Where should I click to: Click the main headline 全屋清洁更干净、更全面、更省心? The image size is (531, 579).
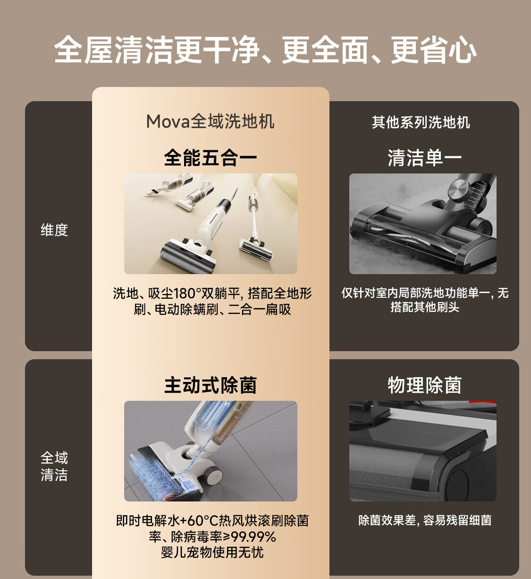265,50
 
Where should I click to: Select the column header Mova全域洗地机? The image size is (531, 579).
210,121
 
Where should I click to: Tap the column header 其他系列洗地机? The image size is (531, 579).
421,122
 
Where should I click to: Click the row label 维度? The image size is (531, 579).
54,230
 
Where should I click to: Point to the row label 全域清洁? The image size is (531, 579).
54,466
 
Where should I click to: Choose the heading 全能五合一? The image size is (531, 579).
210,158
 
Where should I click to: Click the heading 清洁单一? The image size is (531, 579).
424,158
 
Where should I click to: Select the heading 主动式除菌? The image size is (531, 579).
210,385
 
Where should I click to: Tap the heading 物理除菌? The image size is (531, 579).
424,385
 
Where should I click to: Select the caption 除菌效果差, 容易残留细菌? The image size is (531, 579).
424,520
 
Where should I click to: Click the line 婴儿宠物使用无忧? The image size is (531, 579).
212,553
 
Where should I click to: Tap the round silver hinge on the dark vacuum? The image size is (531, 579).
461,191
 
